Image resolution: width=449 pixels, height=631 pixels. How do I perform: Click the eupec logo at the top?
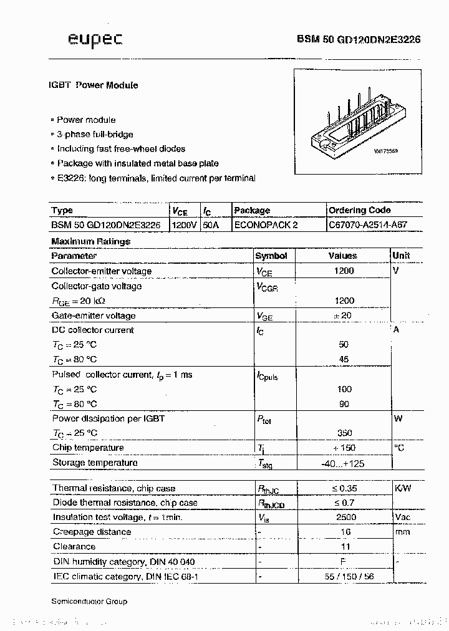[95, 40]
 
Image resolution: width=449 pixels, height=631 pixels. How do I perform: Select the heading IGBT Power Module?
[93, 85]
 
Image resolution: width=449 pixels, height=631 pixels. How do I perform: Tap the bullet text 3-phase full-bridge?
[95, 134]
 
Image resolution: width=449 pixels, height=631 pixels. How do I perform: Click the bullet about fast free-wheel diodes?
[121, 149]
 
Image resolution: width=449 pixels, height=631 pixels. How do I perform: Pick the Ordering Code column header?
[360, 210]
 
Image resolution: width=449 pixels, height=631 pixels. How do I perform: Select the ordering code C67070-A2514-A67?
[368, 224]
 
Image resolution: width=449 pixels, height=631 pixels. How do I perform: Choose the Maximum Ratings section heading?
[91, 241]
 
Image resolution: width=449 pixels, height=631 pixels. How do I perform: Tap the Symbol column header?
[272, 256]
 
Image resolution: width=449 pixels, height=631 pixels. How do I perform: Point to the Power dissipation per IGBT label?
[108, 418]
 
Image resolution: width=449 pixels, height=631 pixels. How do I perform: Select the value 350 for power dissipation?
[344, 433]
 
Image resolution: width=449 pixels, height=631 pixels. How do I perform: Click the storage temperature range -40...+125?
[342, 463]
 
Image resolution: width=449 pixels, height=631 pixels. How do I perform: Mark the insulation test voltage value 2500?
[346, 517]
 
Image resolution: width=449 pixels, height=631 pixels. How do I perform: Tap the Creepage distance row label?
[92, 532]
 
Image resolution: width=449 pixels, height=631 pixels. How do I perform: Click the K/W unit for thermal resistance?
[402, 488]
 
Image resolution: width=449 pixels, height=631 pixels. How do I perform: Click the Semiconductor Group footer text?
[89, 601]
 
